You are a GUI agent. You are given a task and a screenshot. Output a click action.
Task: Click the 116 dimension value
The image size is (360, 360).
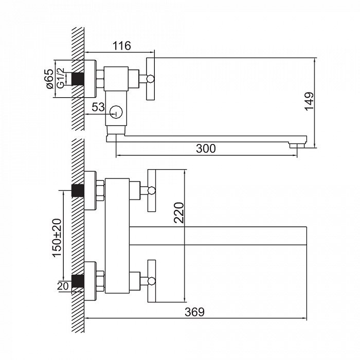click(121, 46)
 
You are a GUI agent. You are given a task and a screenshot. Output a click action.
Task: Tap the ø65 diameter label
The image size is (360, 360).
click(50, 79)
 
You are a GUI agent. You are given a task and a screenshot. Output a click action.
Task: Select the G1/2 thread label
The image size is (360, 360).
click(60, 79)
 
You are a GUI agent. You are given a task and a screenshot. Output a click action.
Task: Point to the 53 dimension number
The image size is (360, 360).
click(98, 107)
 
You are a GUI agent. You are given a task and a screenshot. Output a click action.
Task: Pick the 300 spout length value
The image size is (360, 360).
click(206, 149)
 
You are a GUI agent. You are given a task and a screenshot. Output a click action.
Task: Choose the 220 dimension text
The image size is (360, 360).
click(179, 212)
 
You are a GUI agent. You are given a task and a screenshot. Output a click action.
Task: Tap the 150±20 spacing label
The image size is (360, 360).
click(57, 238)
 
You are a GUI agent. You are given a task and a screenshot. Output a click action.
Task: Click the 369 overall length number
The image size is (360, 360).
click(194, 312)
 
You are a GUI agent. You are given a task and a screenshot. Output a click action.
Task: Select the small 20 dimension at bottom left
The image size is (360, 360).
click(63, 286)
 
